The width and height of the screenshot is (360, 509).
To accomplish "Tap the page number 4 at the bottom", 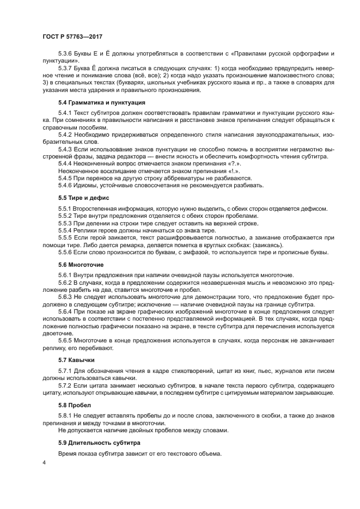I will point(45,463).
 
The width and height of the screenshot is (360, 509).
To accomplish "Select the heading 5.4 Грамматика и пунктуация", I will point(100,102).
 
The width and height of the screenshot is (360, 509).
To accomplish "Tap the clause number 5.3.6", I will point(66,55).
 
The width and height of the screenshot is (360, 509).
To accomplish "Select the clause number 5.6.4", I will point(66,312).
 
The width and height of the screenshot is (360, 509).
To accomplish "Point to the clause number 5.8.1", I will point(66,416).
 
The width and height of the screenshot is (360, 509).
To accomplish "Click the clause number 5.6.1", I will point(66,275).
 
